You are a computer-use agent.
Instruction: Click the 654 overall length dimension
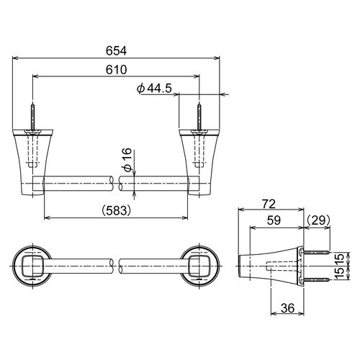116,51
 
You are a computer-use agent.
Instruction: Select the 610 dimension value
116,70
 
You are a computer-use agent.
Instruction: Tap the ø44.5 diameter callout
154,89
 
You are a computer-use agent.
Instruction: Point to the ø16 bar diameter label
128,160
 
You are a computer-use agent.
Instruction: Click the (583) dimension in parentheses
116,211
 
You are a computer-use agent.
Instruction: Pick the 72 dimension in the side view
269,204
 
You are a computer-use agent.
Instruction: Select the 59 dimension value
274,220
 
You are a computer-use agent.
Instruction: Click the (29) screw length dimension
318,220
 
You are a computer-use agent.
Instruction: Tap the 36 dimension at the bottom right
287,308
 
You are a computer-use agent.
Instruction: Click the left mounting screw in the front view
32,117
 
